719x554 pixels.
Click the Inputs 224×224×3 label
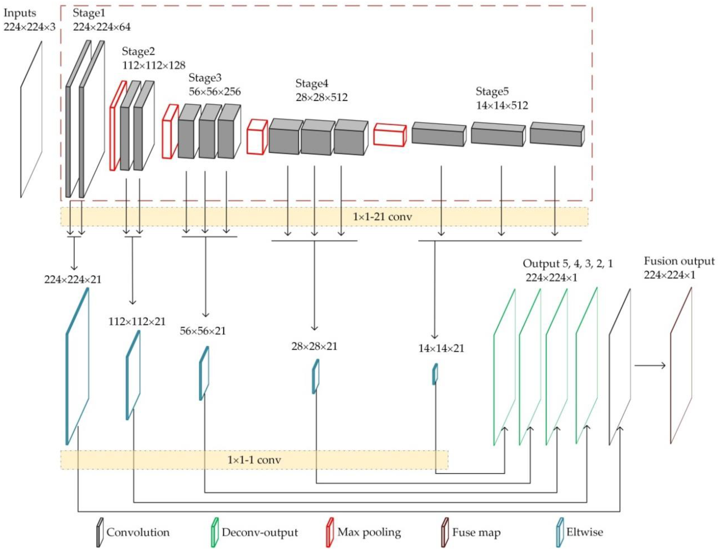(29, 20)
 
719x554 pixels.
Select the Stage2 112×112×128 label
(153, 58)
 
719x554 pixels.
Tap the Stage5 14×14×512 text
(502, 98)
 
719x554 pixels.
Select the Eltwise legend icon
(560, 532)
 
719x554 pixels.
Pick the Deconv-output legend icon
(214, 532)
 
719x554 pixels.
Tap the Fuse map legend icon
(445, 532)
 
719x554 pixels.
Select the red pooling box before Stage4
(257, 137)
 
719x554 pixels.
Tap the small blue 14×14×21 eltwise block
(435, 374)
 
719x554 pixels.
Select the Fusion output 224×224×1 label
(679, 268)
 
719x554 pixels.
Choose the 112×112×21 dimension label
(137, 321)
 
